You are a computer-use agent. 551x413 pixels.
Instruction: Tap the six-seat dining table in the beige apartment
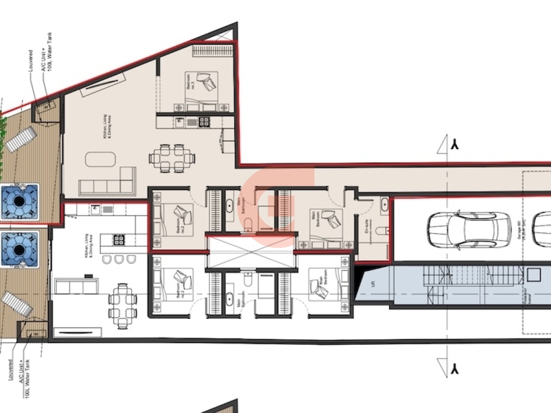[x=172, y=158]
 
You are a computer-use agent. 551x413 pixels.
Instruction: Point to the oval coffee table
[x=100, y=160]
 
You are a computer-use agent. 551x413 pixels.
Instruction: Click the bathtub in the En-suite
[x=384, y=207]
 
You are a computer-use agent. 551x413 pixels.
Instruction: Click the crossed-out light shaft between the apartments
[x=251, y=251]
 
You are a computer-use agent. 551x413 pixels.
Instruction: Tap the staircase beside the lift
[x=471, y=275]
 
